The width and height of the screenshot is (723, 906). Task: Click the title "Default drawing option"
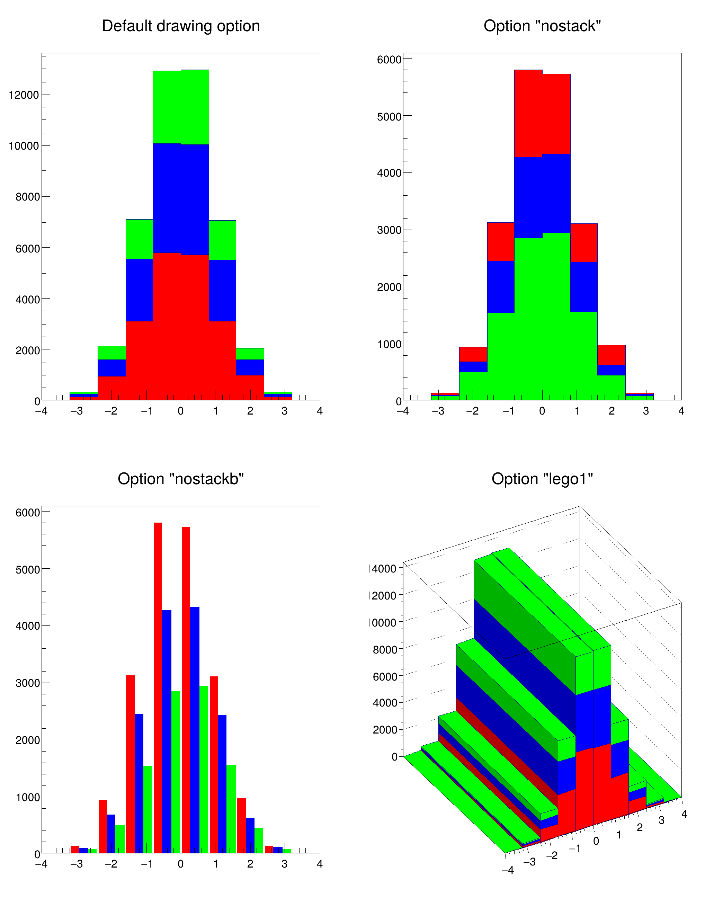coord(181,26)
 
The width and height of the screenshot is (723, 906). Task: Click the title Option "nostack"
coord(542,26)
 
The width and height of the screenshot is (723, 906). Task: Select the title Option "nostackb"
coord(181,479)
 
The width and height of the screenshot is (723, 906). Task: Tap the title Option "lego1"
coord(542,479)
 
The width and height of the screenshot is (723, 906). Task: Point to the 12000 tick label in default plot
coord(24,95)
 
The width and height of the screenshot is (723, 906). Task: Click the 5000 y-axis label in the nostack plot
coord(389,116)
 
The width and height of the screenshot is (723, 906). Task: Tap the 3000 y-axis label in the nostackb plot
coord(28,683)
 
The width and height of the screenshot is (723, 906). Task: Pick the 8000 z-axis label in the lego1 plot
coord(385,650)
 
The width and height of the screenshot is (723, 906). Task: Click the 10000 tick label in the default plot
coord(24,146)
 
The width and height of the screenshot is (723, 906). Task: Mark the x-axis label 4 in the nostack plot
coord(681,411)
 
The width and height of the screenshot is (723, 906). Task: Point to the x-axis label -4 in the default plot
coord(41,411)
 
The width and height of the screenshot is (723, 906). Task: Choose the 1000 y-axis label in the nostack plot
coord(389,344)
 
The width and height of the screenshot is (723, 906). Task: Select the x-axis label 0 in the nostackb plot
coord(181,864)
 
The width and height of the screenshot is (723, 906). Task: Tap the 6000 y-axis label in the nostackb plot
coord(28,512)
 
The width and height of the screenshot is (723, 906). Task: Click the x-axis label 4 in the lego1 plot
coord(684,814)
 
